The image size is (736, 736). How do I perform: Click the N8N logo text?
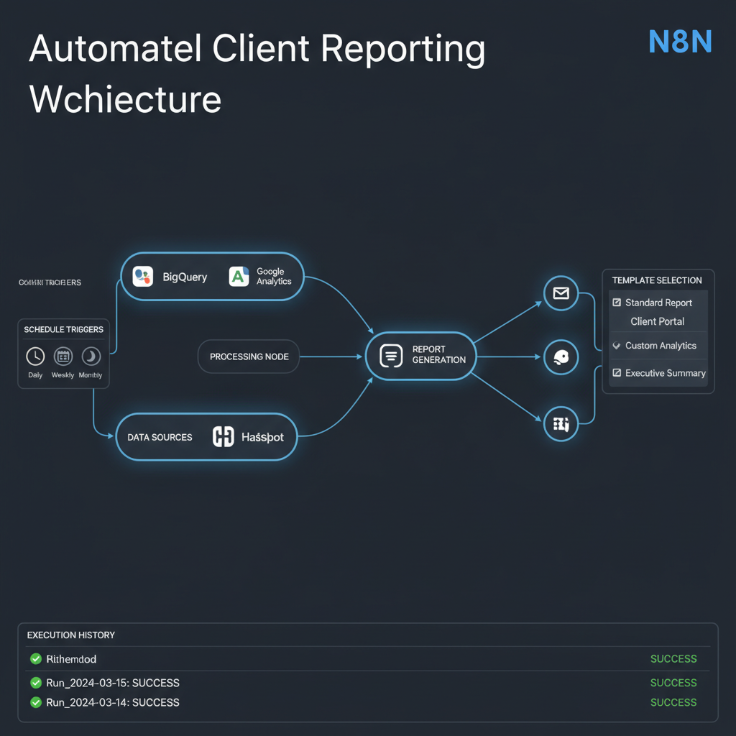pyautogui.click(x=679, y=42)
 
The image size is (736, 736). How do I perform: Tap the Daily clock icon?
pyautogui.click(x=35, y=356)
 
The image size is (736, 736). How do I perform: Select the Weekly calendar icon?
pyautogui.click(x=63, y=356)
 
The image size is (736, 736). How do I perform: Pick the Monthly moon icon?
pyautogui.click(x=91, y=356)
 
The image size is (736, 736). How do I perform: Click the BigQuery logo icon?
pyautogui.click(x=143, y=277)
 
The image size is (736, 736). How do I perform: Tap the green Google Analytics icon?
pyautogui.click(x=239, y=277)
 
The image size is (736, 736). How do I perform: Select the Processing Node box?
pyautogui.click(x=249, y=356)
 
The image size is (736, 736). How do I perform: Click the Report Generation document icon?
pyautogui.click(x=390, y=356)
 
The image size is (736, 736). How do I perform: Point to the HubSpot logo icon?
pyautogui.click(x=224, y=437)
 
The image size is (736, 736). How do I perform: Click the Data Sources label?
pyautogui.click(x=160, y=437)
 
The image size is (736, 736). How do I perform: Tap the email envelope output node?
pyautogui.click(x=561, y=293)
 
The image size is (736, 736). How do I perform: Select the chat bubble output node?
pyautogui.click(x=561, y=357)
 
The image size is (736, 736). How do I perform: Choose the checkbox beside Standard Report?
pyautogui.click(x=617, y=303)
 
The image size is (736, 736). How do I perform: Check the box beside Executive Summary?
pyautogui.click(x=617, y=373)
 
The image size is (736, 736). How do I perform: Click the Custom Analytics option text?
pyautogui.click(x=661, y=346)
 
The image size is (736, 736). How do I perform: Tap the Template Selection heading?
pyautogui.click(x=657, y=280)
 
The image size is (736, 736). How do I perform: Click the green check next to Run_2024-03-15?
pyautogui.click(x=35, y=683)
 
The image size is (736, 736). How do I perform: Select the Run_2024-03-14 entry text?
pyautogui.click(x=112, y=702)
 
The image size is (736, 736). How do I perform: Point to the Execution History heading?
pyautogui.click(x=70, y=635)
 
